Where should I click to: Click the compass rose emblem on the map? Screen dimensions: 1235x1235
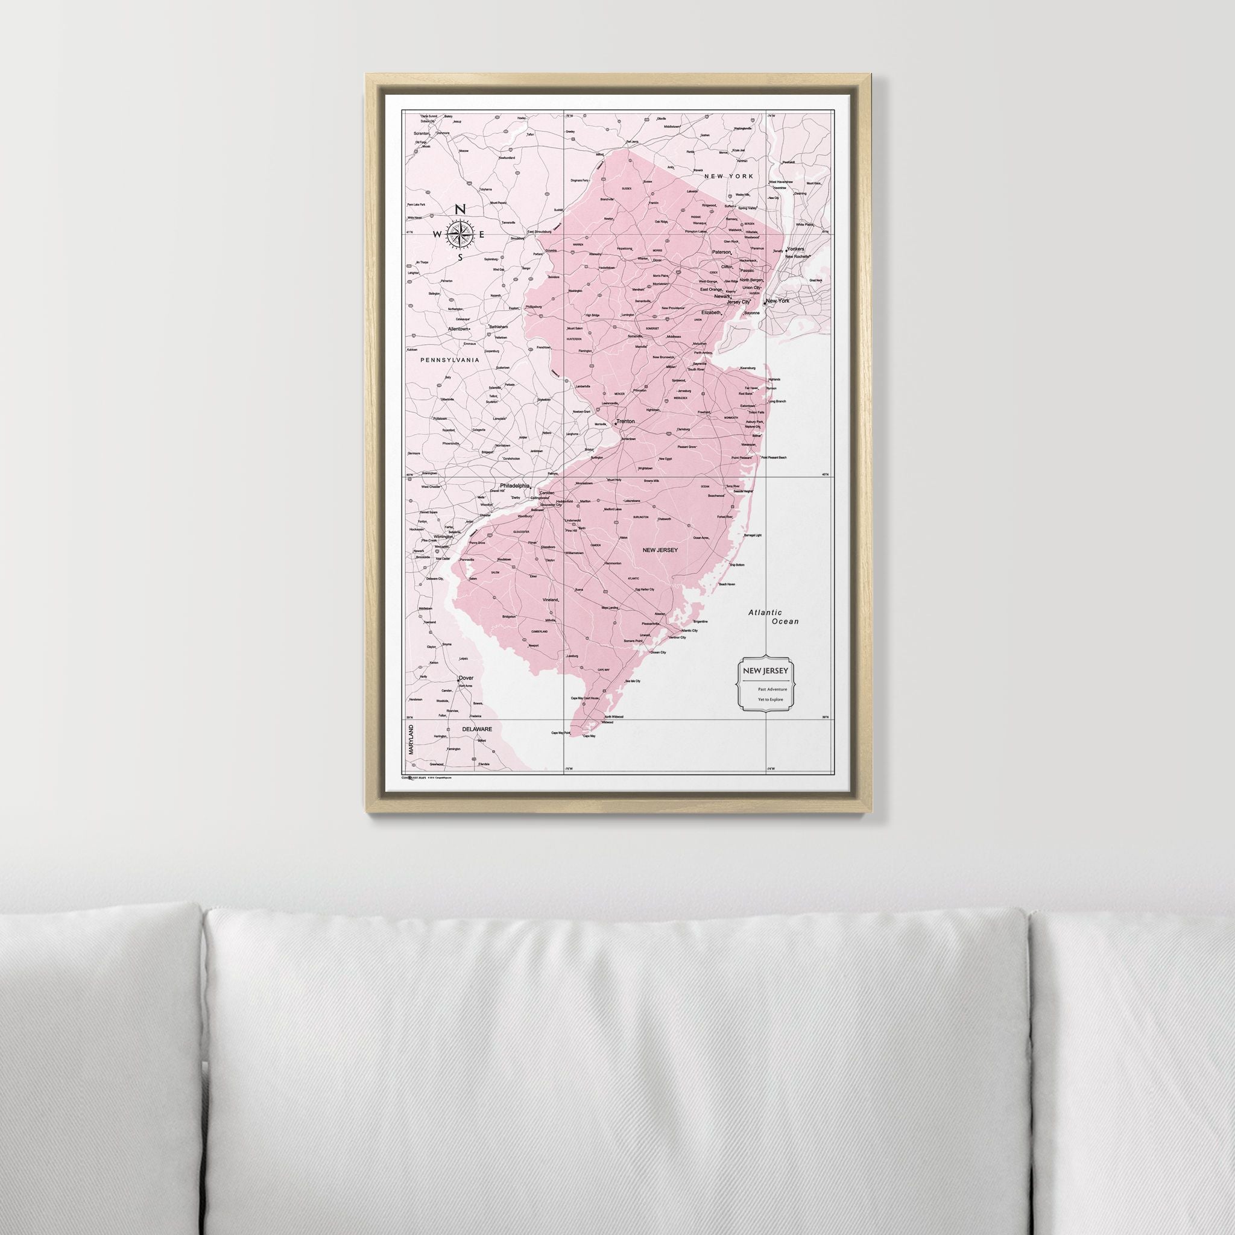click(x=460, y=234)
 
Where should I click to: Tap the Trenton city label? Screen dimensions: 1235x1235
click(x=625, y=422)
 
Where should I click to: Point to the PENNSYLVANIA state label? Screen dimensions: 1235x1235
click(x=449, y=360)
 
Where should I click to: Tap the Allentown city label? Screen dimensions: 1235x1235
click(x=458, y=329)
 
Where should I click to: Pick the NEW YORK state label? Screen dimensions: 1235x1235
click(x=728, y=176)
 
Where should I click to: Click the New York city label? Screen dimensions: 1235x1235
click(x=777, y=300)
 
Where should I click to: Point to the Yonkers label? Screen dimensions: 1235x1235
click(x=795, y=248)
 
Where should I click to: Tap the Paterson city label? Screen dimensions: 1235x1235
click(x=721, y=252)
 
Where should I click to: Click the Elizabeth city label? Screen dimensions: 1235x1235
click(x=710, y=312)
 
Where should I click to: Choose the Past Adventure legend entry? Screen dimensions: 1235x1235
click(x=772, y=689)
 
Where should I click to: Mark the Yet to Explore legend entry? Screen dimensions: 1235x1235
click(x=770, y=700)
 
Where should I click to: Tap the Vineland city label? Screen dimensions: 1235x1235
click(x=550, y=600)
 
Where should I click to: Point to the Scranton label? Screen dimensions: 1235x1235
click(x=422, y=133)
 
